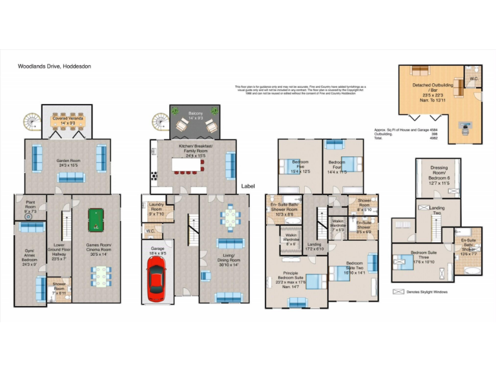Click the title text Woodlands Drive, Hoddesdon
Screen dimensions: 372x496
click(50, 66)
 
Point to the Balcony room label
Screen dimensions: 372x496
click(195, 116)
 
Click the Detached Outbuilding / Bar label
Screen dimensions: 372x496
click(433, 90)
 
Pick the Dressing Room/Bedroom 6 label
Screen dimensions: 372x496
click(439, 174)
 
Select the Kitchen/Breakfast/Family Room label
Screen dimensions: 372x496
click(191, 150)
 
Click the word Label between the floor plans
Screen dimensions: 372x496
click(248, 186)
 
